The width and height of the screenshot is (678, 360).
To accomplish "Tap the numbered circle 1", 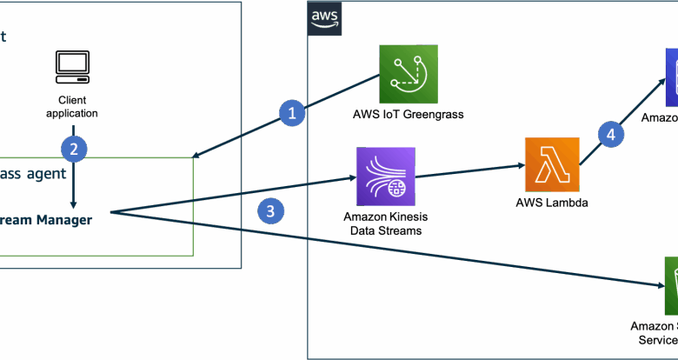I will click(292, 112).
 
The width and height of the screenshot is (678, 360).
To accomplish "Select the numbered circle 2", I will click(74, 149).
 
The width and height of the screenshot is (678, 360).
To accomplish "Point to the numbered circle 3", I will click(271, 210).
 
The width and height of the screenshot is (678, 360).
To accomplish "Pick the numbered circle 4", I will click(611, 134).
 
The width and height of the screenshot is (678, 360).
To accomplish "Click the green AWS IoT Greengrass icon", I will click(409, 74).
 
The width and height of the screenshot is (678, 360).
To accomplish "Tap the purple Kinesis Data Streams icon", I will click(385, 177).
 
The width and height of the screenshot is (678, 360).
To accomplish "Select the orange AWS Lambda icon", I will click(552, 164).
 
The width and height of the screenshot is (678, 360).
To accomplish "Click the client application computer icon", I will click(72, 65).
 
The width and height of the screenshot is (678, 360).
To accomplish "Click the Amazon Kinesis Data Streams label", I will click(385, 223).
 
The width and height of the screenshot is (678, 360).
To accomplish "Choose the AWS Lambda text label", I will click(552, 203).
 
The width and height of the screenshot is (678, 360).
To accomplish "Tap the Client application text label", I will click(72, 106).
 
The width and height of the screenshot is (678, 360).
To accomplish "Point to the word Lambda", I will click(567, 203).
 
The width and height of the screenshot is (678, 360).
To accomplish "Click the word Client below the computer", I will click(72, 100).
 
